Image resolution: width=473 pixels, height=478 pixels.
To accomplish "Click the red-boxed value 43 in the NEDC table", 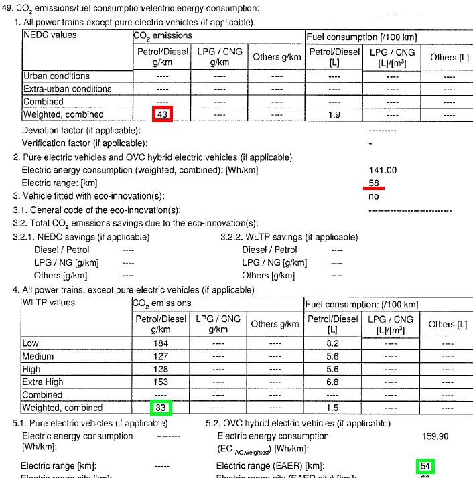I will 162,114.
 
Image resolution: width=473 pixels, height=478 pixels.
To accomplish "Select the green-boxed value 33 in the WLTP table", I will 161,407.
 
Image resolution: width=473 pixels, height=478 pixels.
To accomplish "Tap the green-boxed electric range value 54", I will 425,465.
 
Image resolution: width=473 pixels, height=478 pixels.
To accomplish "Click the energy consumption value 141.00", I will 383,171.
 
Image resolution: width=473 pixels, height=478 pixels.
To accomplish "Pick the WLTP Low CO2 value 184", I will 161,343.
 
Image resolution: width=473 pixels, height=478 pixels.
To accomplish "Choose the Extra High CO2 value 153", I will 161,382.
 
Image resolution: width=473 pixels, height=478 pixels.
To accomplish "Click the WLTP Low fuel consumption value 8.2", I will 333,343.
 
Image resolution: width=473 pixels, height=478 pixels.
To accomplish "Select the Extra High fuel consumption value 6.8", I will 333,382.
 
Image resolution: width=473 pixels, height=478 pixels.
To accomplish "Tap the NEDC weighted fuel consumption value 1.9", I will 334,115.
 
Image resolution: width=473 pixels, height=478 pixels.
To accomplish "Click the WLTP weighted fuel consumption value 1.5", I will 333,408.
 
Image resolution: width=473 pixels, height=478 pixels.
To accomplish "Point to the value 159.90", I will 435,436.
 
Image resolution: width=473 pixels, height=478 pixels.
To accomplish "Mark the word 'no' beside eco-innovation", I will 373,196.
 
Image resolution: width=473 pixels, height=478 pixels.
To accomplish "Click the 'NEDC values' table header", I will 50,35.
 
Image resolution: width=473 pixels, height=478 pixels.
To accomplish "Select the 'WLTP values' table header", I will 49,303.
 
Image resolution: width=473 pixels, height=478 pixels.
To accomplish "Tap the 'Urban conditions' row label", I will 56,76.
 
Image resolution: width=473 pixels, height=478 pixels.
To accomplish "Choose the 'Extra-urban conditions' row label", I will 68,89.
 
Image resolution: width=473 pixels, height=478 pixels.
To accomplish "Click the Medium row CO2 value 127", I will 161,356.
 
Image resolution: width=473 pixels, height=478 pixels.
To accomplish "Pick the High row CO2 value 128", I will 161,369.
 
